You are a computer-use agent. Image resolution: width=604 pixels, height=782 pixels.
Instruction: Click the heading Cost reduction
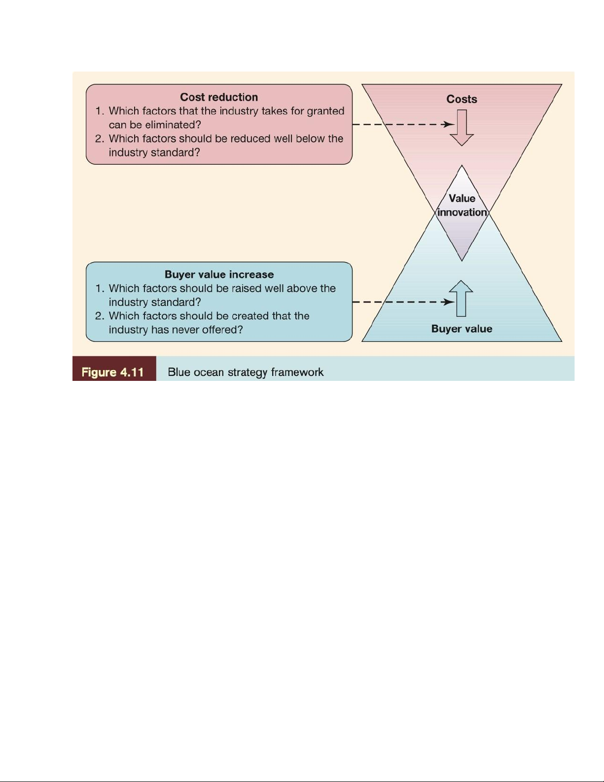pos(219,97)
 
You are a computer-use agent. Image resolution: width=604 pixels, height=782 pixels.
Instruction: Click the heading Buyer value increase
pos(219,274)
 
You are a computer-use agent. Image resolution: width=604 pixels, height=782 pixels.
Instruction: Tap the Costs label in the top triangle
pos(462,99)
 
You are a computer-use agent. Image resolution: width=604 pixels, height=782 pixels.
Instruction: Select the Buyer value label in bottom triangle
pos(462,329)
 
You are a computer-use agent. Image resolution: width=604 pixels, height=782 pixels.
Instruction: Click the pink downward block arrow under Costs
pos(462,128)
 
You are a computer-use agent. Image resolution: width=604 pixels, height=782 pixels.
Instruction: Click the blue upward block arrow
pos(462,298)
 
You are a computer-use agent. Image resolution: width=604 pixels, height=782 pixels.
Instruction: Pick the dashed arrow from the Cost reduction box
pos(402,124)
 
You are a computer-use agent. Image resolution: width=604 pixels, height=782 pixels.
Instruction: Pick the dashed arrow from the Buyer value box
pos(402,302)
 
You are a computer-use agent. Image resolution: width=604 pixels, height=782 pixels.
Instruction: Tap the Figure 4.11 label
pos(113,372)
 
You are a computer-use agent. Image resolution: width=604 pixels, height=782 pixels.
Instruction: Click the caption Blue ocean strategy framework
pos(246,372)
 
